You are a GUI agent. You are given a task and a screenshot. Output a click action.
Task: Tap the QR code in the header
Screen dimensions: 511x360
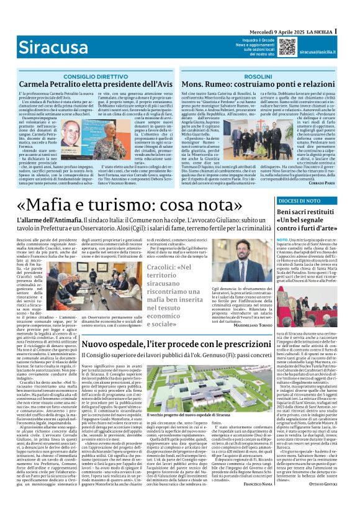tap(287, 47)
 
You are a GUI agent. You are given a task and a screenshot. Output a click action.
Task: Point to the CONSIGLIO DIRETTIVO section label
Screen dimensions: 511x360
tap(94, 76)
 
